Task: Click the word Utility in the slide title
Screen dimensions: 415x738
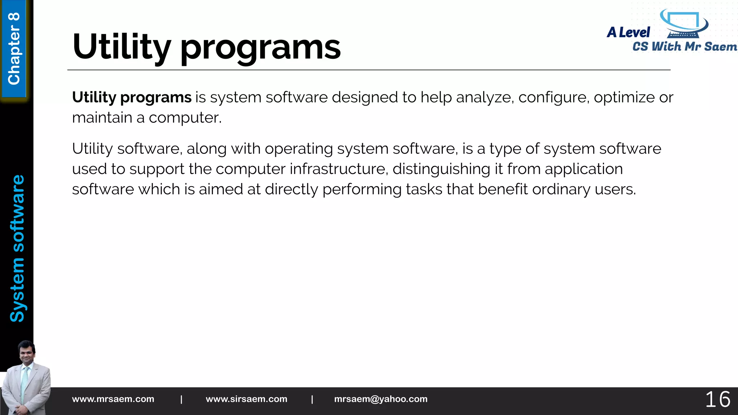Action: coord(121,47)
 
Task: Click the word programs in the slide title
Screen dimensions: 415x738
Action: coord(260,49)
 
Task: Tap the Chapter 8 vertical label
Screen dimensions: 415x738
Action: coord(14,49)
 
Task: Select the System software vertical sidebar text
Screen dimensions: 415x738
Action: coord(17,248)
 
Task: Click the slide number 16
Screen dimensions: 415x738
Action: coord(717,400)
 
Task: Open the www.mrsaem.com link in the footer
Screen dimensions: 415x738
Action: coord(113,399)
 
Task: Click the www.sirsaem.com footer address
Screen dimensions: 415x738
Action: coord(246,399)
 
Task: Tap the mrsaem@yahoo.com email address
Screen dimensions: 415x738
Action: coord(381,399)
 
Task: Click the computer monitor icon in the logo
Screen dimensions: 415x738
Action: coord(683,24)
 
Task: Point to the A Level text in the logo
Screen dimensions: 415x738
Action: coord(628,32)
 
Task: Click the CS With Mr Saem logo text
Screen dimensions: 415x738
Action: coord(685,47)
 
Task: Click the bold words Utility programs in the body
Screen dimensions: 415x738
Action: coord(132,98)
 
